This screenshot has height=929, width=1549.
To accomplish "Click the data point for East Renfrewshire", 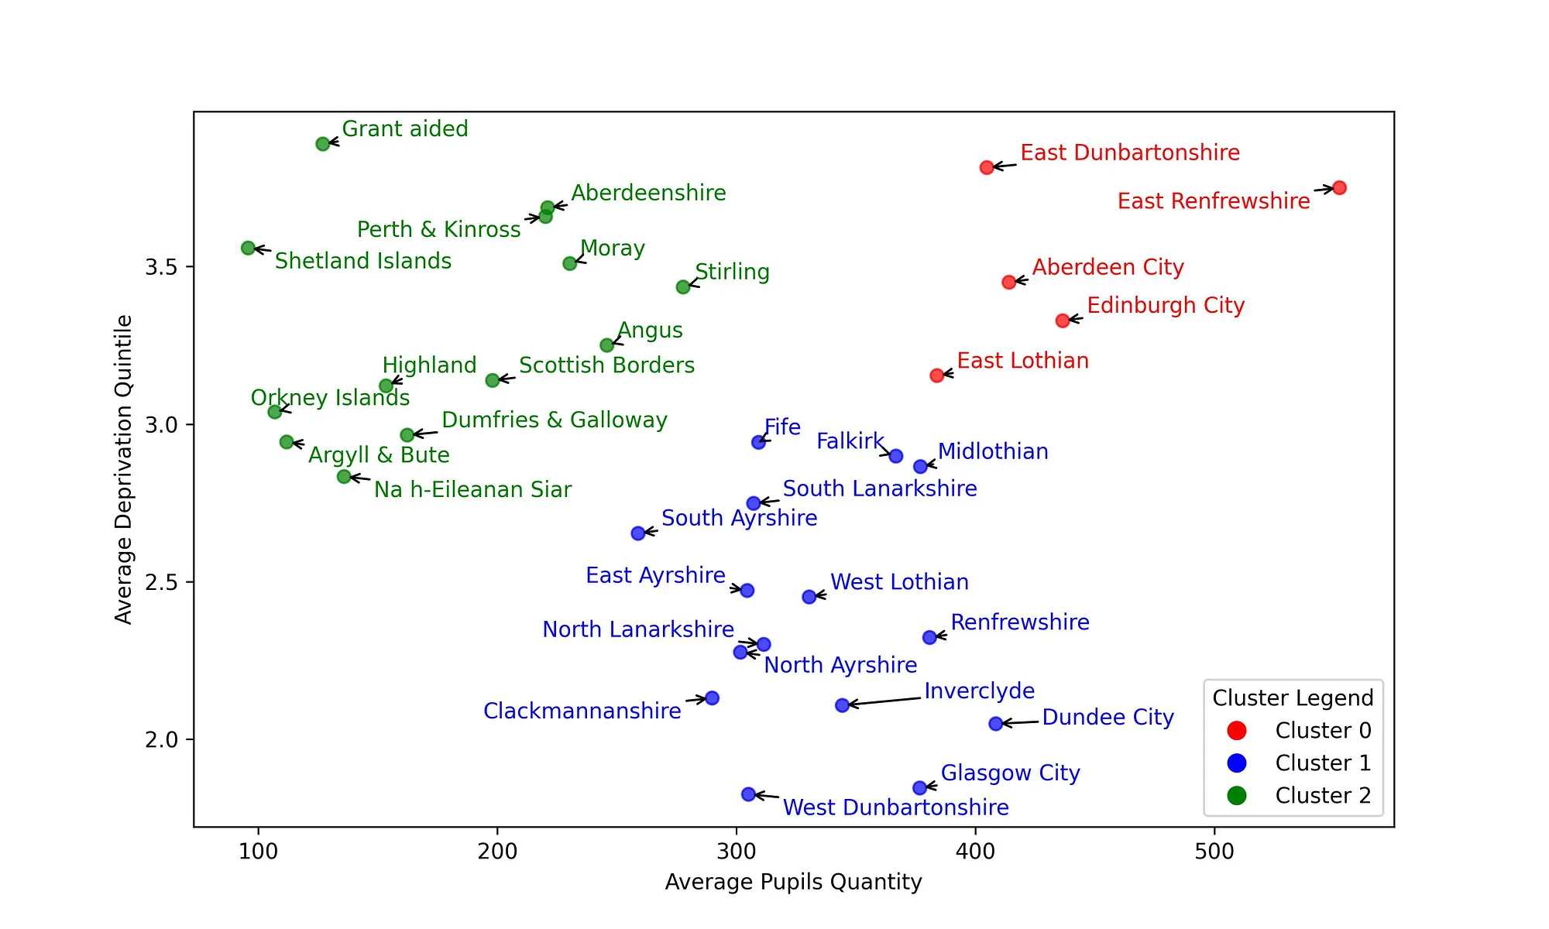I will pos(1339,188).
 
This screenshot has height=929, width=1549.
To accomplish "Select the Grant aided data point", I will pos(323,144).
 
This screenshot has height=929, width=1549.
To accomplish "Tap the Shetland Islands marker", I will pos(248,248).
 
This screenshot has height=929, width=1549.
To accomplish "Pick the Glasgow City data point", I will pos(919,787).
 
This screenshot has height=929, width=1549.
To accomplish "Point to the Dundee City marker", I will pos(996,724).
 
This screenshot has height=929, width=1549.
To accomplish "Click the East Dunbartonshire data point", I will pos(987,167).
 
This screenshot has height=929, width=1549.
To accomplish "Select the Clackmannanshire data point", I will pos(712,698).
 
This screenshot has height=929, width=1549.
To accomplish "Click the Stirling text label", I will pos(732,272).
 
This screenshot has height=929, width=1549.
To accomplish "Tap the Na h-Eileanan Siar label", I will pos(472,489).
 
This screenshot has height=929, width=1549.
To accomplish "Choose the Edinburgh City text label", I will pos(1166,305).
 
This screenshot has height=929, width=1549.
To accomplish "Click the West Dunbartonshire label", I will pos(895,807).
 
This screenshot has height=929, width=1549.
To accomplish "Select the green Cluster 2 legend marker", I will pos(1237,795).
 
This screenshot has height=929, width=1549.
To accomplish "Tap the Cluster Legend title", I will pos(1293,698).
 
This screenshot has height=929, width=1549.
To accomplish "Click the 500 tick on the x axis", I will pos(1214,852).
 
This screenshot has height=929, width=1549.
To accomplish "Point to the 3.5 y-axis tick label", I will pos(160,267).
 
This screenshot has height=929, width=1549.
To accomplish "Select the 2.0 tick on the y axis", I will pos(160,740).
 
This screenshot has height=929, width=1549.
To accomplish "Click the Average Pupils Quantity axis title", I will pos(793,882).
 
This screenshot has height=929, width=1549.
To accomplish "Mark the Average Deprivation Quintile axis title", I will pos(124,469).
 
